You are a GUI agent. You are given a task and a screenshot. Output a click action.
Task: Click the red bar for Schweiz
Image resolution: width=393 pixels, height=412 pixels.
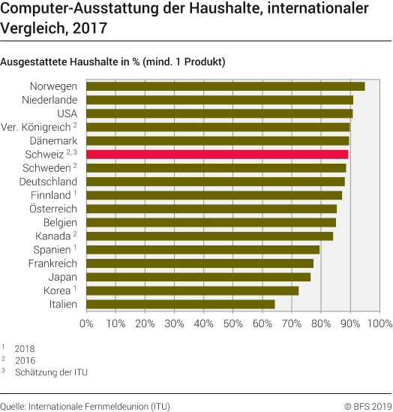[217, 154]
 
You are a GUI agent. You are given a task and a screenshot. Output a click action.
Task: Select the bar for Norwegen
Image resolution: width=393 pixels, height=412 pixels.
[225, 86]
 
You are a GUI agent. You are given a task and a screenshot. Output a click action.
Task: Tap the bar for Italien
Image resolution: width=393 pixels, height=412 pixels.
[180, 304]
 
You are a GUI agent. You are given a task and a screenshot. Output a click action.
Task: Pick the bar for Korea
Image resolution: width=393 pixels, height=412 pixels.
[192, 290]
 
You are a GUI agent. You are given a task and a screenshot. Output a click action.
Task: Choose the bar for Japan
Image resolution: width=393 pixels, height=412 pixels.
[198, 277]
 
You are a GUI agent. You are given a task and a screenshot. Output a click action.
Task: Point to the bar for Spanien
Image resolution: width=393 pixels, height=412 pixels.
[202, 249]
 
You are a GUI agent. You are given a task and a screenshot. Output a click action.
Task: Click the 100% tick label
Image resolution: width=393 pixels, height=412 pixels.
[379, 323]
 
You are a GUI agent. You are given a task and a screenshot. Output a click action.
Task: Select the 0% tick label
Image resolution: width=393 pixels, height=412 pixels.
[86, 323]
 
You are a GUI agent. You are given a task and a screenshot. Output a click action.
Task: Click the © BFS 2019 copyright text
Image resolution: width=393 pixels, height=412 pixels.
[367, 406]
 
